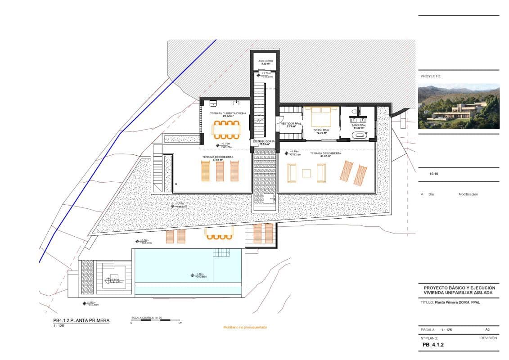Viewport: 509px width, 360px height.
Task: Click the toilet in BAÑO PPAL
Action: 355,110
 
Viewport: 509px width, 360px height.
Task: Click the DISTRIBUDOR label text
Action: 263,141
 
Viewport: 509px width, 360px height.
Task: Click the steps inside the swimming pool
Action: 221,252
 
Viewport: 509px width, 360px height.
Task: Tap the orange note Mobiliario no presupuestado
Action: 245,327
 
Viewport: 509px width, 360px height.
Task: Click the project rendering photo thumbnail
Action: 459,106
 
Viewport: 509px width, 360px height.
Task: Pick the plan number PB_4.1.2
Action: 433,346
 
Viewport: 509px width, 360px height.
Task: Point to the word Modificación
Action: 468,194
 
